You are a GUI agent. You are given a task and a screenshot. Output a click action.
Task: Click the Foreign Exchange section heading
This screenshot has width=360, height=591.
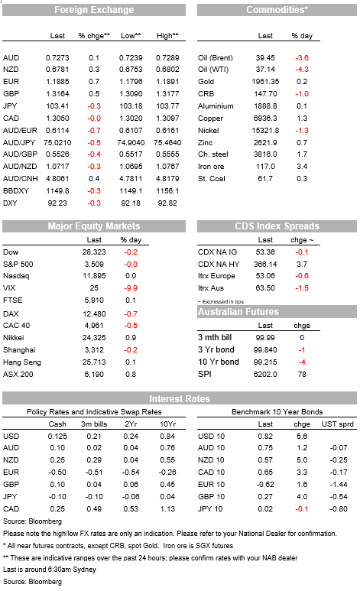coord(94,10)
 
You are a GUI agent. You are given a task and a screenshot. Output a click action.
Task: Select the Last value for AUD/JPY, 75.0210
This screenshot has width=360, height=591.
coord(57,142)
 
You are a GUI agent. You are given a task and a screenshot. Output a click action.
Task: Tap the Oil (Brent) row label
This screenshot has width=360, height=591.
coord(216,57)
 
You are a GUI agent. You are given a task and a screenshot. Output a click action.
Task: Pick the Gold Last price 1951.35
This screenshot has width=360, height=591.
coord(265,81)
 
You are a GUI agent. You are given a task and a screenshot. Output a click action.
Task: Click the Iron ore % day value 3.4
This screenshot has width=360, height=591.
coord(302,166)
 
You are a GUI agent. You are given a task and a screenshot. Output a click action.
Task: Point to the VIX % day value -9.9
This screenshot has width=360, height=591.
coord(131,288)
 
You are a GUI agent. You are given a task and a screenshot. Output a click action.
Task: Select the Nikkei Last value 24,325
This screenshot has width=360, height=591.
coord(94,338)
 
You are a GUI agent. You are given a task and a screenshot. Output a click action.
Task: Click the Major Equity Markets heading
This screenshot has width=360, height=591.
coord(94,226)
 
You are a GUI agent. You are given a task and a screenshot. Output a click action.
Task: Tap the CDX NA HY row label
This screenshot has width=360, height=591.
coord(219,265)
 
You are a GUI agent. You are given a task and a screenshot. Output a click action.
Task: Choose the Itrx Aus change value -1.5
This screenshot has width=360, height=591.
coord(302,288)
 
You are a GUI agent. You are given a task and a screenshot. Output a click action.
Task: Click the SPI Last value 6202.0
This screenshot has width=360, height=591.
coord(265,375)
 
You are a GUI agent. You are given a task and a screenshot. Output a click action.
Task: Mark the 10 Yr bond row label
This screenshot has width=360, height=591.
coord(219,362)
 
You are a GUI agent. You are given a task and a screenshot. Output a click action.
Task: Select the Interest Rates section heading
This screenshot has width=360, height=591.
coord(180,399)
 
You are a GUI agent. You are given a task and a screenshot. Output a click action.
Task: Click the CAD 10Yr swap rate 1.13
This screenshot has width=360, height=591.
coord(167,509)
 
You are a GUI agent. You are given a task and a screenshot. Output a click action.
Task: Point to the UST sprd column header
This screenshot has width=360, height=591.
coord(337,424)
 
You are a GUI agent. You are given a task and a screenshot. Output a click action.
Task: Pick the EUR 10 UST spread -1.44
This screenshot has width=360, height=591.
coord(339,484)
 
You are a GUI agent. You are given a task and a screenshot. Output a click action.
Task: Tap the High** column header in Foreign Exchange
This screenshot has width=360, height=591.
coord(167,36)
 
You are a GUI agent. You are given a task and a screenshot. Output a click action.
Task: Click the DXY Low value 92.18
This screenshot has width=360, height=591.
coord(131,203)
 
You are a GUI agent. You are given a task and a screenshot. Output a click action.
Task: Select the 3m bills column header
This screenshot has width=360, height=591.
coord(94,424)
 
